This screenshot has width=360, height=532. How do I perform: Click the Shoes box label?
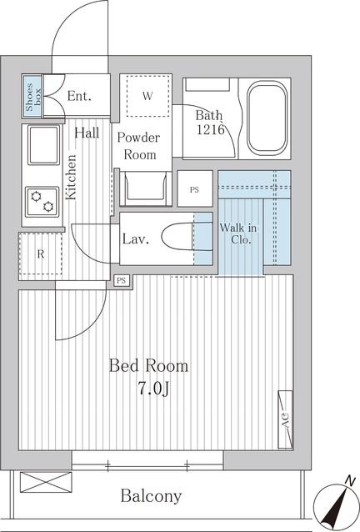pyautogui.click(x=33, y=97)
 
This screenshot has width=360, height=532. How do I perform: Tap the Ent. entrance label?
pyautogui.click(x=79, y=96)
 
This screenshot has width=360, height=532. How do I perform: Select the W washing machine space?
pyautogui.click(x=147, y=96)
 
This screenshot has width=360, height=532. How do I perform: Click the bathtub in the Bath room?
pyautogui.click(x=267, y=118)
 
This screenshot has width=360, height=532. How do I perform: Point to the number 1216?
pyautogui.click(x=211, y=129)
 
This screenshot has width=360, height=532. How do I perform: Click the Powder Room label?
pyautogui.click(x=139, y=146)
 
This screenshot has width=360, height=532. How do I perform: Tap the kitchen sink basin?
pyautogui.click(x=43, y=145)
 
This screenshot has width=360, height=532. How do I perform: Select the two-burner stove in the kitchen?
pyautogui.click(x=42, y=202)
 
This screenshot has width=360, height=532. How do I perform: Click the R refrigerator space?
pyautogui.click(x=41, y=253)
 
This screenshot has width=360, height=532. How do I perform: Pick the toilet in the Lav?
pyautogui.click(x=187, y=237)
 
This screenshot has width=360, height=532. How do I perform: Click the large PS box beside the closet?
pyautogui.click(x=195, y=188)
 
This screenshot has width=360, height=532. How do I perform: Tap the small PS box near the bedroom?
pyautogui.click(x=122, y=280)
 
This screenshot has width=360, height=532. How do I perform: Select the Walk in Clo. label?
pyautogui.click(x=238, y=233)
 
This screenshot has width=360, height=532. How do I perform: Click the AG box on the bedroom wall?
pyautogui.click(x=285, y=419)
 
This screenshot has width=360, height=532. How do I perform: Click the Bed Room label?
pyautogui.click(x=149, y=366)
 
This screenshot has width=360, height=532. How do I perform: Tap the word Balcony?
pyautogui.click(x=151, y=496)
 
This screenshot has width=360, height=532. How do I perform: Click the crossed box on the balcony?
pyautogui.click(x=46, y=482)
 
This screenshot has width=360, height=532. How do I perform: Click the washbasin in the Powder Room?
pyautogui.click(x=146, y=188)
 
